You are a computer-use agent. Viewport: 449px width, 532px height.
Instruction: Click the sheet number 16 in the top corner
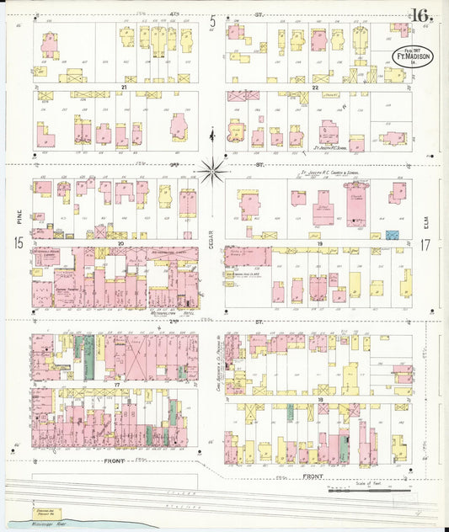click(422, 14)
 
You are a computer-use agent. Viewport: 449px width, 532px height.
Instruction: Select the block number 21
click(123, 87)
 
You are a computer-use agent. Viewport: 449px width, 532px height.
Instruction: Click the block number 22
click(313, 87)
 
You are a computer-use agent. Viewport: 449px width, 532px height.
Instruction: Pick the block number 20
click(121, 242)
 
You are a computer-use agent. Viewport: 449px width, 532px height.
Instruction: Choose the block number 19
click(321, 242)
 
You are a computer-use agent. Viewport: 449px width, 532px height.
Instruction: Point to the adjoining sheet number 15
click(18, 244)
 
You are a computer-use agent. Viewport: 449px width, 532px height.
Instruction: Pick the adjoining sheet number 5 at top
click(213, 23)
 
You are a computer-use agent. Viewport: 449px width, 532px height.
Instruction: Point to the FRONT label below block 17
click(115, 461)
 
